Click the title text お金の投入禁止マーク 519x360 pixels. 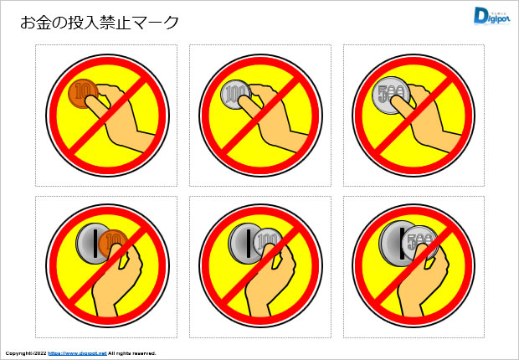coord(100,23)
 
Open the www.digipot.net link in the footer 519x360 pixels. coord(76,353)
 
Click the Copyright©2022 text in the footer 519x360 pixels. coord(25,353)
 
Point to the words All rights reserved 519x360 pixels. coord(132,353)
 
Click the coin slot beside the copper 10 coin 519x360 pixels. coord(90,244)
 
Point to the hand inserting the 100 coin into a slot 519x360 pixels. coord(268,285)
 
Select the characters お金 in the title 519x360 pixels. coord(34,23)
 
